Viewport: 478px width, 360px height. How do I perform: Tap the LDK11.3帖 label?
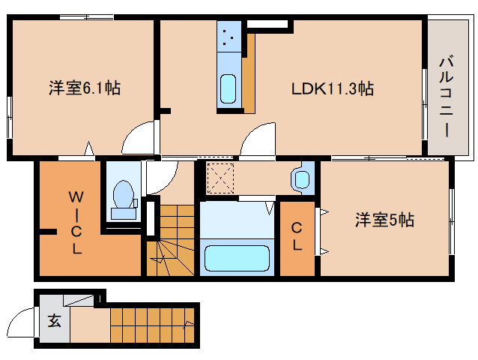click(333, 88)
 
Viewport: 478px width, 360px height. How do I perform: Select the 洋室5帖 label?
click(384, 220)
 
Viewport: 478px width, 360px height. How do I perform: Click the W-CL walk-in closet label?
click(76, 223)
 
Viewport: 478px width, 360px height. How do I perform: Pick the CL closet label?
click(297, 236)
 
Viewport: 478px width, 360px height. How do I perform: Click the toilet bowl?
click(121, 197)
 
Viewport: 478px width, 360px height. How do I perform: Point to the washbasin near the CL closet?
click(301, 179)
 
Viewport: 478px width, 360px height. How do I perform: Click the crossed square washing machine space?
click(222, 178)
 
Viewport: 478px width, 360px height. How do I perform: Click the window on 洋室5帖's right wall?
click(453, 217)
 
